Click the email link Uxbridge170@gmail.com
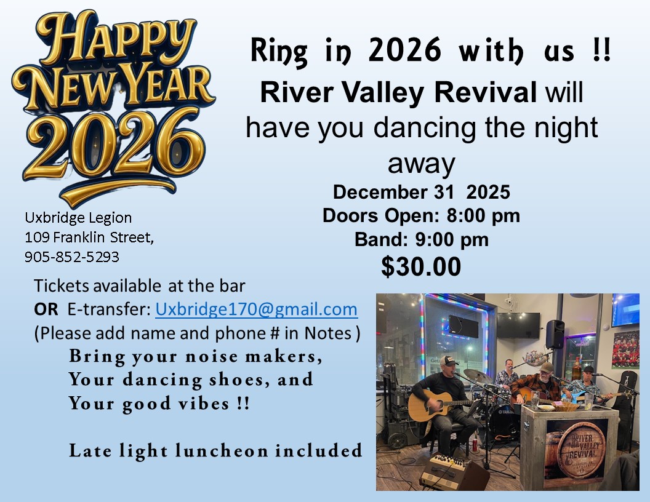256,309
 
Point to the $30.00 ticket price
421,266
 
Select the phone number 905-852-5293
72,257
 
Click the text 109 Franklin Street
89,237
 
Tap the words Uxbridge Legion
78,218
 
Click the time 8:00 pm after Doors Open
483,216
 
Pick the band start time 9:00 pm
451,240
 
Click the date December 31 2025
421,192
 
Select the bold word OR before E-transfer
46,309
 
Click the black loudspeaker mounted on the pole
555,334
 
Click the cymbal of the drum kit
478,376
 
